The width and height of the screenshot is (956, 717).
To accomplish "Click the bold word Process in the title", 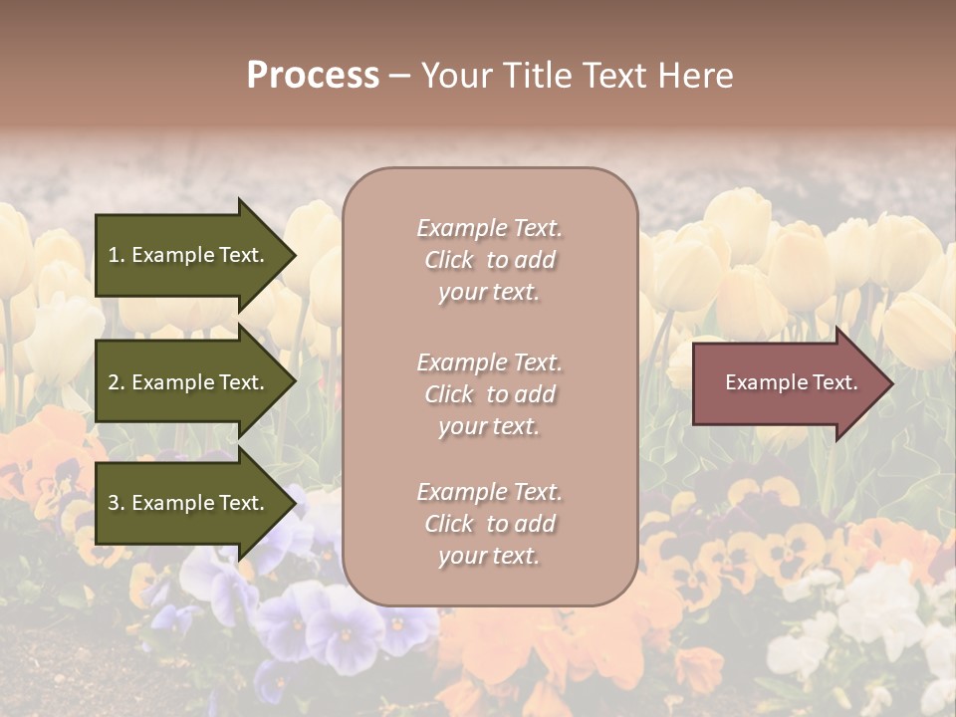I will [x=313, y=76].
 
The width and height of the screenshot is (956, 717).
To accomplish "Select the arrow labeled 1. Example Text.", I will [x=189, y=255].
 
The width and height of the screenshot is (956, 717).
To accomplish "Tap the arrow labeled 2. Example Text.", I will [x=189, y=382].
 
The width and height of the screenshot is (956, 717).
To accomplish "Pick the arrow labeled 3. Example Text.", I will [x=189, y=503].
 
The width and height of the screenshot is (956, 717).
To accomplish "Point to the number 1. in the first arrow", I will [x=117, y=255].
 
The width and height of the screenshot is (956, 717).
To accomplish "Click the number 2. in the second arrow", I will [x=117, y=382].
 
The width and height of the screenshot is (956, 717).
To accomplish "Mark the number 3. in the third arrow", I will [x=117, y=503].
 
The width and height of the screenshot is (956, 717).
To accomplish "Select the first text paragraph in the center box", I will [x=489, y=260].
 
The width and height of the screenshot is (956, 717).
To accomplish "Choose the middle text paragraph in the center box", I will [x=489, y=394].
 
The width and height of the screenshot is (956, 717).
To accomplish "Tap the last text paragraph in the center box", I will [x=489, y=524].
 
